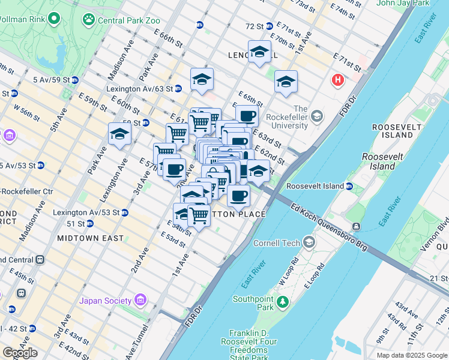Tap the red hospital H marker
[339, 79]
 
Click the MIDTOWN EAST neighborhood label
[90, 238]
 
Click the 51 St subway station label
[76, 223]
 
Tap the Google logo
[20, 353]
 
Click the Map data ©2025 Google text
[412, 355]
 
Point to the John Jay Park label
[403, 3]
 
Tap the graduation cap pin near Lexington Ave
[120, 134]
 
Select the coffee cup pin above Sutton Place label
[238, 195]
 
